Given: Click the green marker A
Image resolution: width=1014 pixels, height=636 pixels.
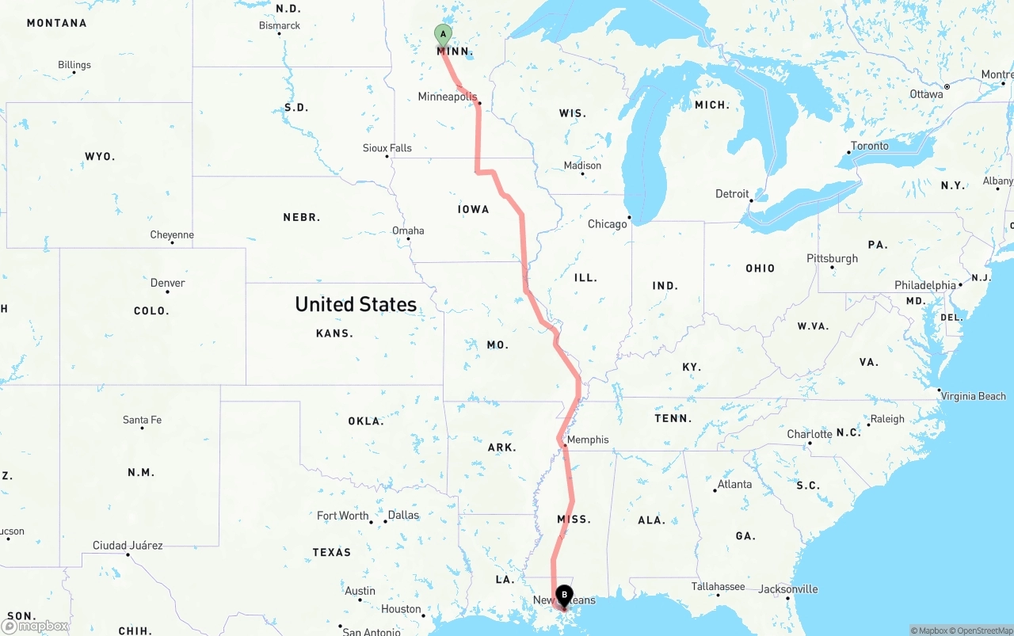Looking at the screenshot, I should (443, 35).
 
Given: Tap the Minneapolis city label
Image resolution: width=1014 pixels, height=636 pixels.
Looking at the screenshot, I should (448, 97).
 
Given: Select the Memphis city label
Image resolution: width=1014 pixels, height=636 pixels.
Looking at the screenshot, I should (588, 440).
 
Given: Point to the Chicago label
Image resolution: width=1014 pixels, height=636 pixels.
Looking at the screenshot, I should (607, 224).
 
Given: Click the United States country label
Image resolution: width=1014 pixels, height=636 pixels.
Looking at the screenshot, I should (356, 304).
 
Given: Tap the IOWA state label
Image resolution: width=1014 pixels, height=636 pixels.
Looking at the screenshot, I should (474, 209).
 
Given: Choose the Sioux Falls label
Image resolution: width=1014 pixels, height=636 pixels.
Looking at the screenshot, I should (387, 148).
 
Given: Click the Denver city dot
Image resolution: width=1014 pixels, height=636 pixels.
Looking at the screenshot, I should (167, 291).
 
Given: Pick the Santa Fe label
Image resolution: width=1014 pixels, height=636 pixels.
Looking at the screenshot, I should (142, 420).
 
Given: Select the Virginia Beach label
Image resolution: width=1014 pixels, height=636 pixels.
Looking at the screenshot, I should (972, 396).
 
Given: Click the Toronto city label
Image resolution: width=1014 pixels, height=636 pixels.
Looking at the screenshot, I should (870, 146).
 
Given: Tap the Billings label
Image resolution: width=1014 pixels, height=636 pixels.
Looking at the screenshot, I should (74, 65).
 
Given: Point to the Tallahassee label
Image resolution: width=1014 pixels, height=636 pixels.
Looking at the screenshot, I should (718, 586).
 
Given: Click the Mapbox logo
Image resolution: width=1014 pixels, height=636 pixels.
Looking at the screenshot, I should (36, 626).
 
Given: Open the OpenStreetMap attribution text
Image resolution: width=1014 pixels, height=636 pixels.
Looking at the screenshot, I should (982, 630).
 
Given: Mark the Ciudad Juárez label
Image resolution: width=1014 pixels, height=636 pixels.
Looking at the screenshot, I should (128, 545).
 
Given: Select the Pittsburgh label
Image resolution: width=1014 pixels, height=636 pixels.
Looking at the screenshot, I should (832, 258).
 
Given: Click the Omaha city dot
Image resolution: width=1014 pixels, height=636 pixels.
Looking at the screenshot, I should (409, 239).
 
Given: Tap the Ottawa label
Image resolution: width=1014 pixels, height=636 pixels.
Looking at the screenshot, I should (926, 94).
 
